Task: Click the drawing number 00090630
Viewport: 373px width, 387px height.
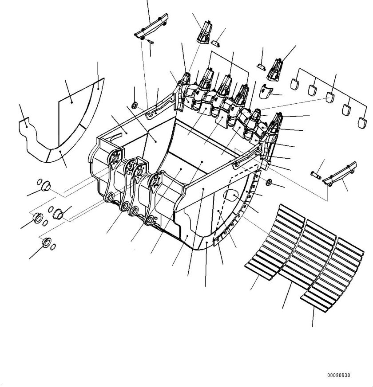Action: point(339,375)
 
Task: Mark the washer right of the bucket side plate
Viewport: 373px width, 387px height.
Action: point(269,182)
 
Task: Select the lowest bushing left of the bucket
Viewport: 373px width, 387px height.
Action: point(45,243)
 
